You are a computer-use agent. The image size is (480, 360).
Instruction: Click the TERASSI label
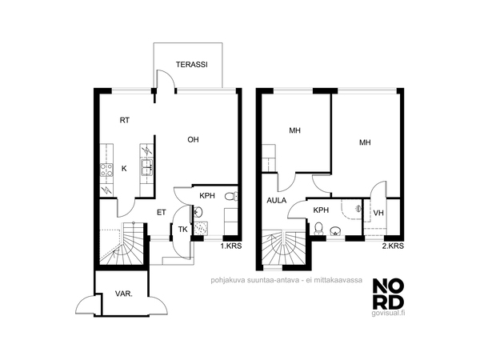tap(192, 65)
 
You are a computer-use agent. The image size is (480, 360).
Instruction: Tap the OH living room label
tap(193, 139)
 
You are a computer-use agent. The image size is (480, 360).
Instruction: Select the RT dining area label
tap(124, 120)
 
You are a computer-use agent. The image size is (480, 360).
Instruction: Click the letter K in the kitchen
tap(124, 169)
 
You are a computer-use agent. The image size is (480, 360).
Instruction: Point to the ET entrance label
tap(162, 213)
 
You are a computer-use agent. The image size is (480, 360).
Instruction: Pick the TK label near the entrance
tap(182, 230)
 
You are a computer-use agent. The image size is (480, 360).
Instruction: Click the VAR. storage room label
tap(124, 294)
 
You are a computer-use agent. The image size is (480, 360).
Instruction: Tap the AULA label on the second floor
tap(277, 201)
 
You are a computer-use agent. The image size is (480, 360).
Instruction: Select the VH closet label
tap(378, 213)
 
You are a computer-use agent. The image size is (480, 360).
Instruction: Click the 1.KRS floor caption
tap(231, 246)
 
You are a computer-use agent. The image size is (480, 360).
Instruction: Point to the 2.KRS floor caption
tap(393, 246)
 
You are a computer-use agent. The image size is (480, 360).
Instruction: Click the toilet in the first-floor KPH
tap(231, 196)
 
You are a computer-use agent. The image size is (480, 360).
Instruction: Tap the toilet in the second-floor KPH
tap(318, 229)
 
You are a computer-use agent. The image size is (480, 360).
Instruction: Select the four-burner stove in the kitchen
tap(106, 170)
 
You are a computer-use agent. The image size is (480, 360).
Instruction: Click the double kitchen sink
tap(147, 167)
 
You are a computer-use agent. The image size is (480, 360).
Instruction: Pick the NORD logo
tap(388, 294)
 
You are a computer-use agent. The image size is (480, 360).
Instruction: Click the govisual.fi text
tap(388, 313)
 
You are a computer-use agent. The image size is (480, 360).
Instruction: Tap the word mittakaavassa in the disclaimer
tap(339, 280)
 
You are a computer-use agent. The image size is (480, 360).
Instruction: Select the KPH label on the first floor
tap(207, 196)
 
